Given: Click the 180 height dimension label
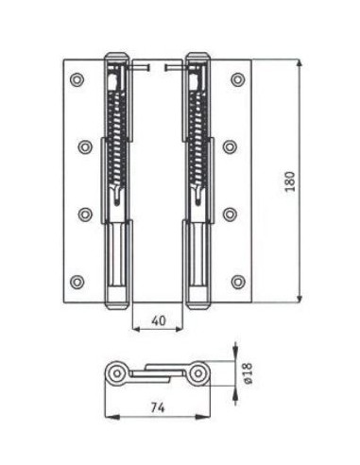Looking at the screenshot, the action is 290,181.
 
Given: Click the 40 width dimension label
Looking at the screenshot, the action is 159,320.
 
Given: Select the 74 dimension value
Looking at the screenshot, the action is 158,408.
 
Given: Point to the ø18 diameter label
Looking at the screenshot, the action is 249,373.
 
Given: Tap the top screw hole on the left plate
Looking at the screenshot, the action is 77,79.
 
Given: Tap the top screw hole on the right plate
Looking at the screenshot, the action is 238,79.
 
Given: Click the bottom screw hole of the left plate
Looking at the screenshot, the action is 77,282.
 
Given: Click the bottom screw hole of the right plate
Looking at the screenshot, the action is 238,282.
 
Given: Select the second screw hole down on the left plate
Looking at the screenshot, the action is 85,146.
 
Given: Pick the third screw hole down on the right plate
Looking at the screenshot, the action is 230,215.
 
